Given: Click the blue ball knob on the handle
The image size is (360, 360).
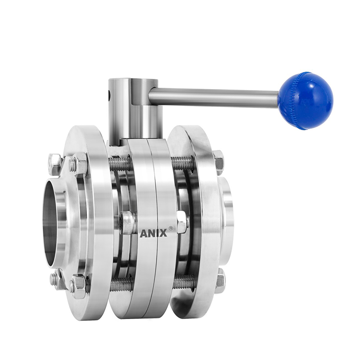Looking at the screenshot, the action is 306,100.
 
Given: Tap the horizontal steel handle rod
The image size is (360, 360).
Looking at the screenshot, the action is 213,97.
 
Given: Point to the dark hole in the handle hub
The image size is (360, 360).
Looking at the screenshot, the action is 109,94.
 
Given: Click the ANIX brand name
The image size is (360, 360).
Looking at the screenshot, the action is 153,234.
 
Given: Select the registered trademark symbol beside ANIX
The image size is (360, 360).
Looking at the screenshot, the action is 171,228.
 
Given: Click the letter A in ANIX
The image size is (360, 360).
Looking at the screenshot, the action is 143,234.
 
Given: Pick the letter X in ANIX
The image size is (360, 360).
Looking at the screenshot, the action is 163,234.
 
